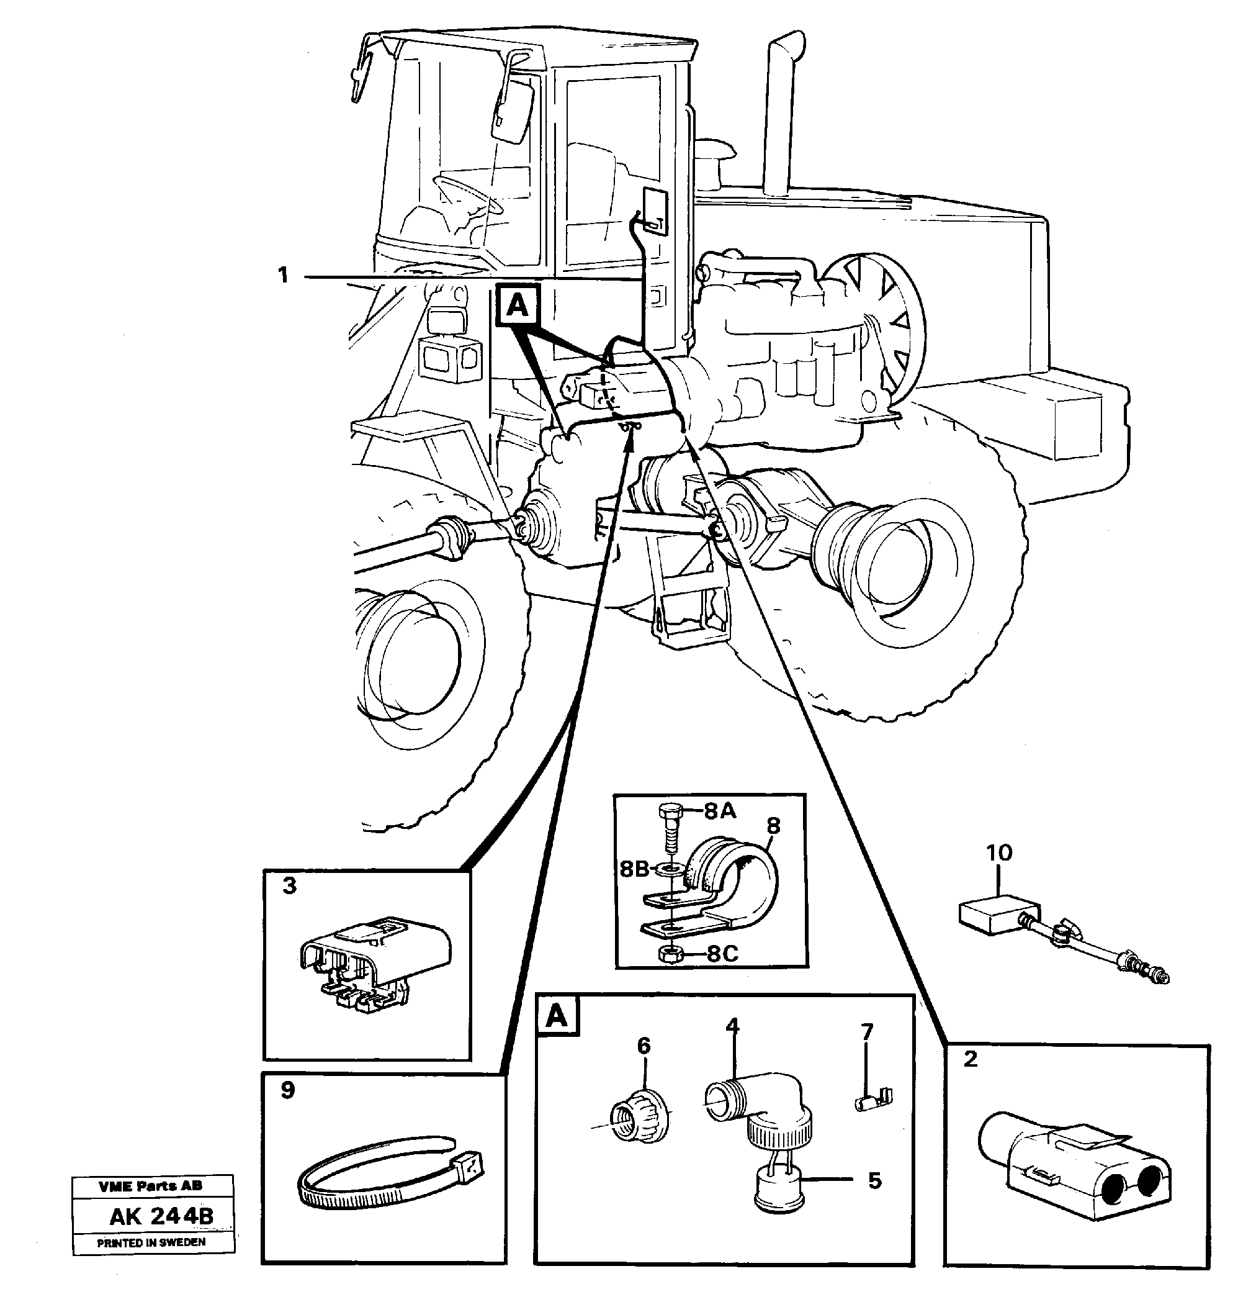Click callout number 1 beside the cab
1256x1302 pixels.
pos(284,274)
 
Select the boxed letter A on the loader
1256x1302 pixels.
pos(517,306)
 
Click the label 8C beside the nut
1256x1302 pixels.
pos(722,954)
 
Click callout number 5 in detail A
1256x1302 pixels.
pos(874,1180)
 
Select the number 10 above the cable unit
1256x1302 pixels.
pos(998,852)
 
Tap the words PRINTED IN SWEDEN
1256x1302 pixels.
pos(151,1242)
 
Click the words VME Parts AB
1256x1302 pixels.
pos(151,1186)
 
